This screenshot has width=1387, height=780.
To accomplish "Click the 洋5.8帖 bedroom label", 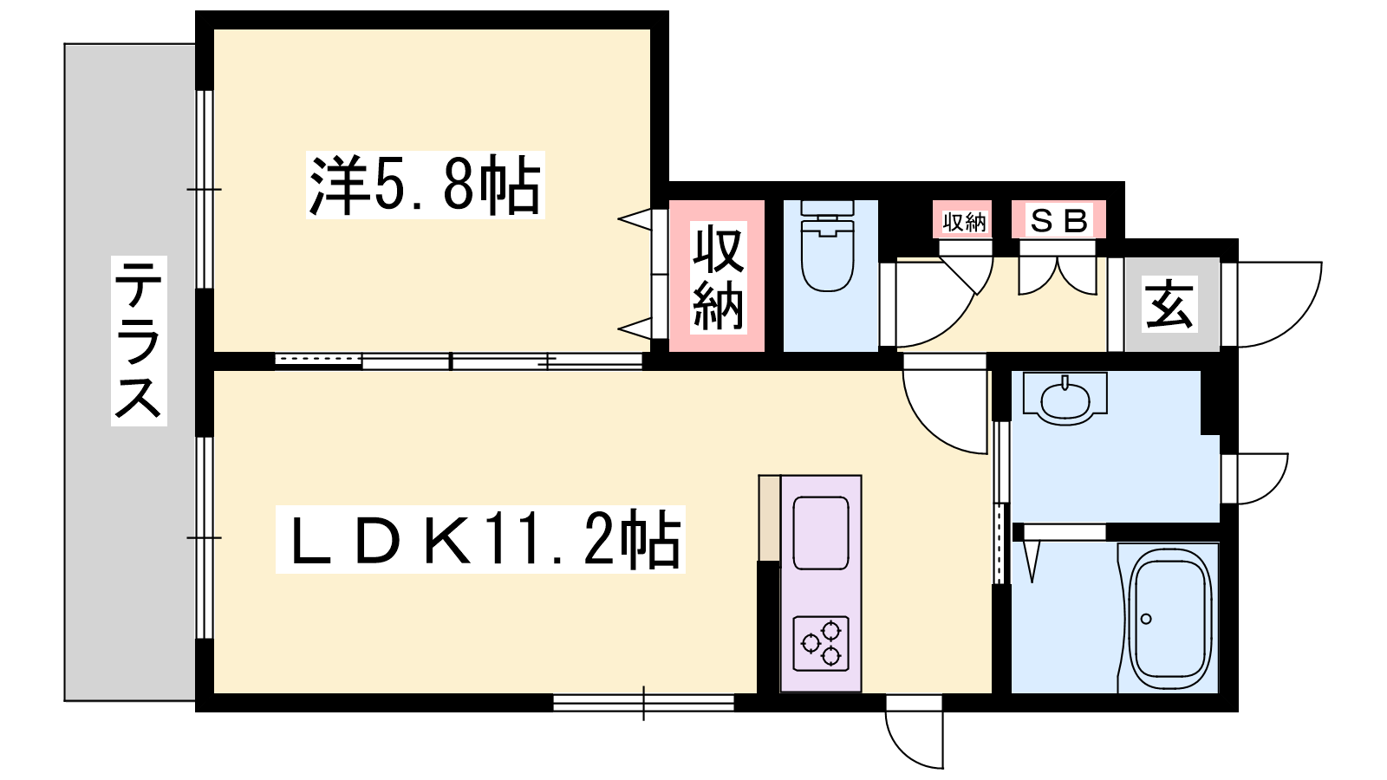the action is click(x=426, y=185).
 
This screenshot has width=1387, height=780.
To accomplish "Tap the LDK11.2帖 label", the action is click(x=480, y=539).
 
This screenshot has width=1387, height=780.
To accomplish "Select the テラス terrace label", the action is click(x=139, y=341).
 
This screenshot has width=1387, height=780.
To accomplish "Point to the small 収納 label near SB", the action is click(x=964, y=221).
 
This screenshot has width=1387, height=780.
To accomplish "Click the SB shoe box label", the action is click(x=1058, y=221).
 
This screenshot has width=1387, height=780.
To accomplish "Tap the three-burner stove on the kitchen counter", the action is click(x=820, y=643).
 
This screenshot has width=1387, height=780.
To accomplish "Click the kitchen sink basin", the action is click(x=820, y=532).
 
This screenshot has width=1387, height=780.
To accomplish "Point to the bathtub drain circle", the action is click(x=1145, y=619).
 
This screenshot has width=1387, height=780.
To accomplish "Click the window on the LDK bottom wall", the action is click(x=643, y=703).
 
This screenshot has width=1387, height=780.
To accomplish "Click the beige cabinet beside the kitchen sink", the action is click(x=770, y=518).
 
